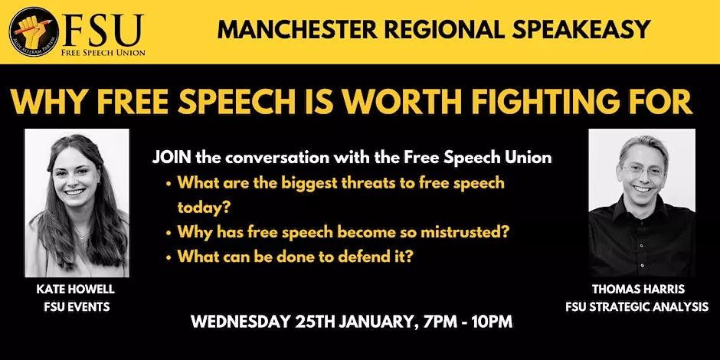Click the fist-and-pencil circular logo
[x=34, y=31]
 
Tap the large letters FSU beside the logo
[x=103, y=29]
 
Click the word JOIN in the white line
[x=172, y=158]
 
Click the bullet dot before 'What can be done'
[x=169, y=257]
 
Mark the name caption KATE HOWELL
[x=75, y=290]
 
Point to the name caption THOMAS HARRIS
[x=638, y=290]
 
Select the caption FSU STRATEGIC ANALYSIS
[x=637, y=306]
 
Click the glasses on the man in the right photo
[x=641, y=172]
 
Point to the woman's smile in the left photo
[x=74, y=192]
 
